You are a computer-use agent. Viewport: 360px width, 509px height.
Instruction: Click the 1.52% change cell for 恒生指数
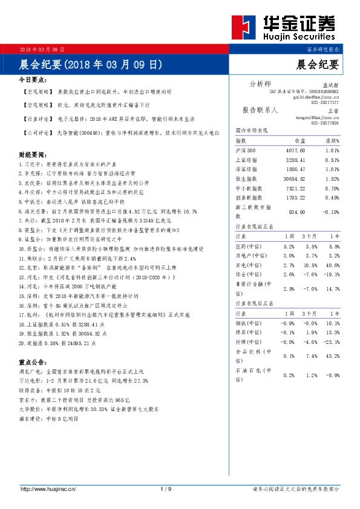click(332, 179)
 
